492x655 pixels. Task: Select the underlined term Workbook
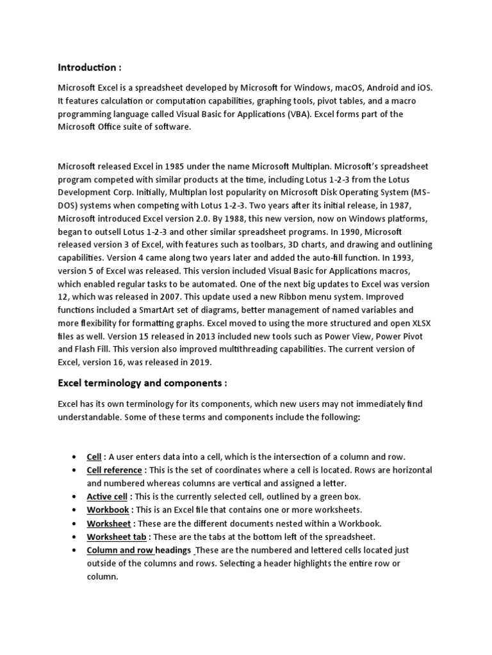coord(108,510)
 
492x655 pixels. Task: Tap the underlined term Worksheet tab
coord(115,536)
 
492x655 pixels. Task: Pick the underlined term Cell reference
coord(114,470)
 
